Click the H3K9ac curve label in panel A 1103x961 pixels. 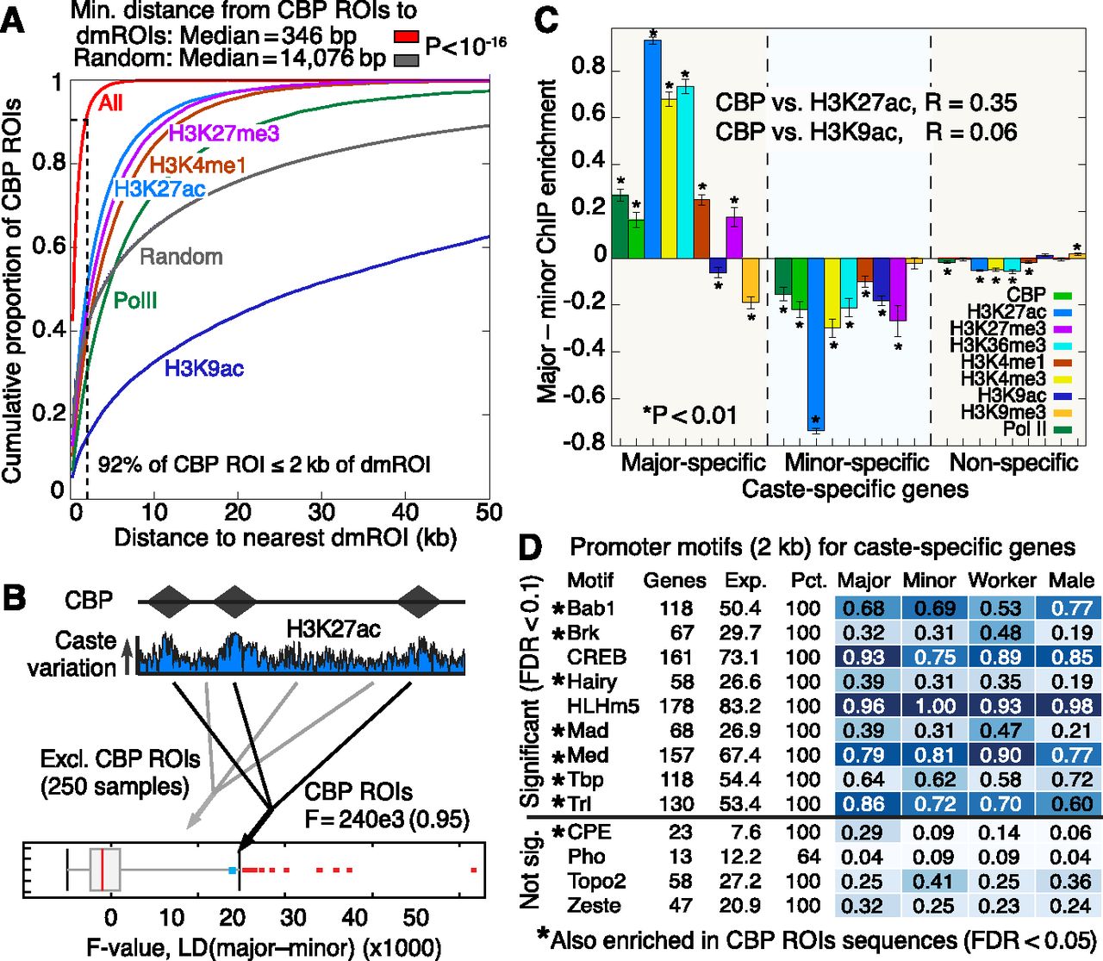pos(204,369)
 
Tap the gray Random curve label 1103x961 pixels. pos(181,257)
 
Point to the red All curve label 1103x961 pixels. pos(111,103)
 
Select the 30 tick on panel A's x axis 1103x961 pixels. pos(322,511)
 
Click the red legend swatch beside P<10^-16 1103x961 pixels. pos(407,37)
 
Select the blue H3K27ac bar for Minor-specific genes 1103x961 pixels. pos(815,344)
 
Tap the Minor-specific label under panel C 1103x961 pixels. pos(857,463)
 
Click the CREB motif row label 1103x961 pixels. pos(597,657)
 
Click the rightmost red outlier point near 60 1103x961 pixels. pos(474,871)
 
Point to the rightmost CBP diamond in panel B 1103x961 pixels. pos(420,601)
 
